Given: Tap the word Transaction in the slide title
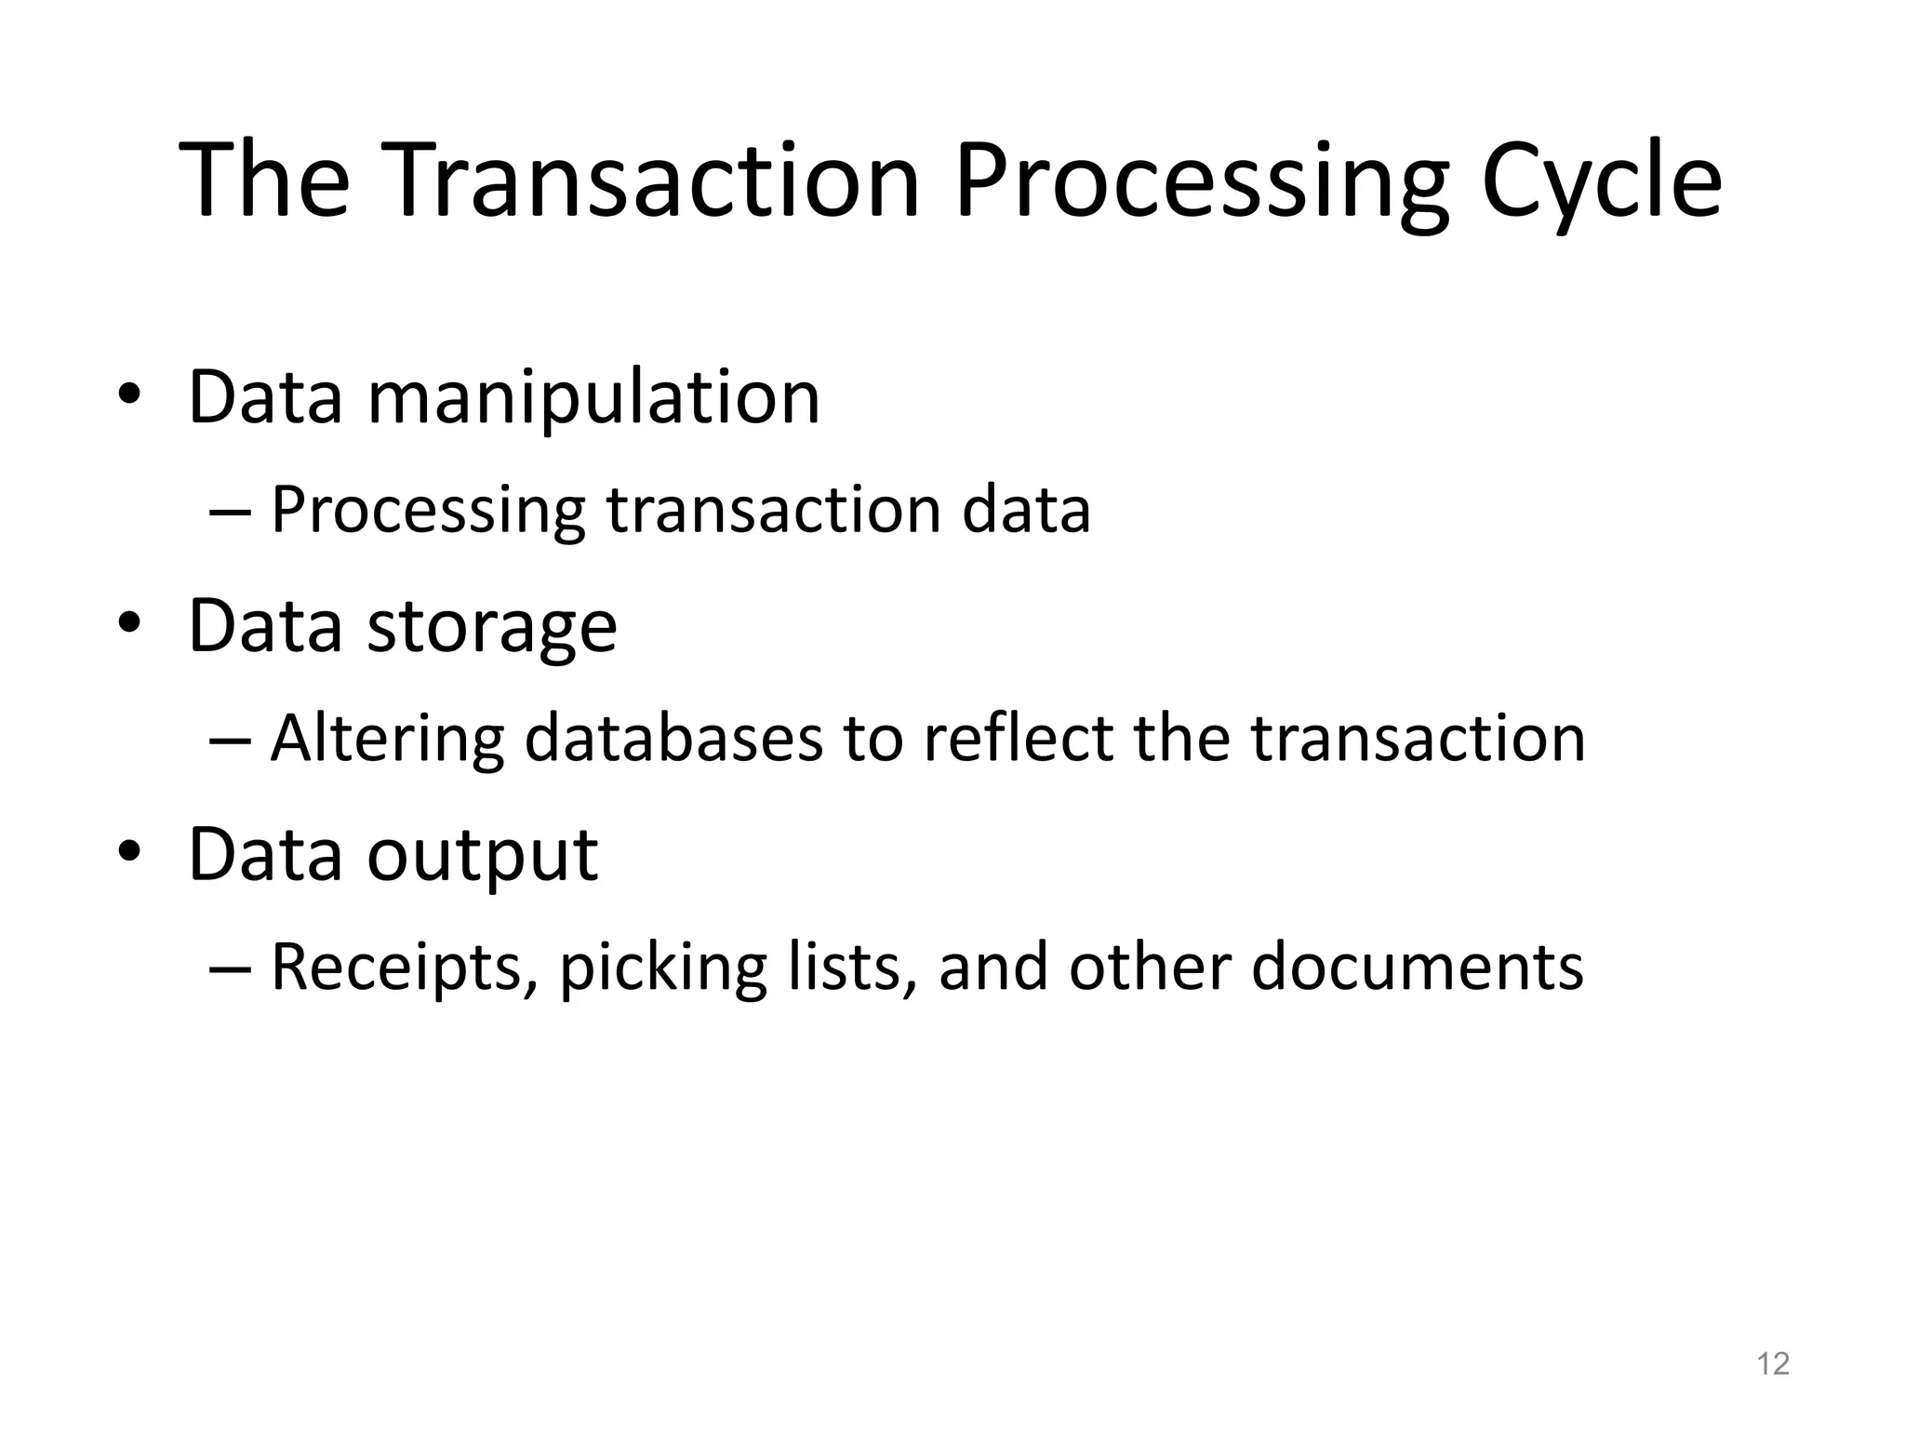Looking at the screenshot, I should (x=653, y=181).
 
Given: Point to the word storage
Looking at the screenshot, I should (x=492, y=627).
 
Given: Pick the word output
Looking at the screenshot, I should (x=483, y=856).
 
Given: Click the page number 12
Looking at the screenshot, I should (x=1773, y=1364).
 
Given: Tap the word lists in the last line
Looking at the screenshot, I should (x=846, y=968).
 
